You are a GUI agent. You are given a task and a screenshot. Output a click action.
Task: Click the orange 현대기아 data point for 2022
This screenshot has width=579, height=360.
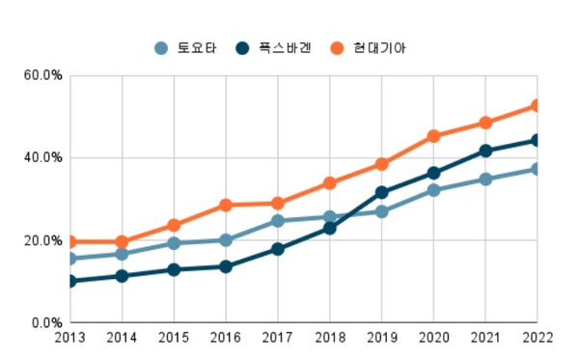coord(537,106)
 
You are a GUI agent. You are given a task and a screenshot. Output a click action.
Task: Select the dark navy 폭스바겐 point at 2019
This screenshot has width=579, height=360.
coord(381,192)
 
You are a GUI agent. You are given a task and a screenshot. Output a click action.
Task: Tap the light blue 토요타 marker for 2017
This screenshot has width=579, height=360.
coord(277,220)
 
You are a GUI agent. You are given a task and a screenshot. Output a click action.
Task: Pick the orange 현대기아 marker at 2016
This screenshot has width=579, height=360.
coord(226,205)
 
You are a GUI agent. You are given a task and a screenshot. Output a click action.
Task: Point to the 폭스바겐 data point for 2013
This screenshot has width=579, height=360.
coord(70,281)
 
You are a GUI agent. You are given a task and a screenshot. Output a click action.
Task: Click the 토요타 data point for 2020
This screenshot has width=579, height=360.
coord(433,190)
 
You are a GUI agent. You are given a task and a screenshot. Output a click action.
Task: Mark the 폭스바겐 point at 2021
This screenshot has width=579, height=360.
coord(485,151)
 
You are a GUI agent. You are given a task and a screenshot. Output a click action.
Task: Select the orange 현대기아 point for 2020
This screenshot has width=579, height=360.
coord(433,136)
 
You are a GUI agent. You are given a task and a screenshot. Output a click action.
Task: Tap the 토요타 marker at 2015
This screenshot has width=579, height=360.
coord(174,243)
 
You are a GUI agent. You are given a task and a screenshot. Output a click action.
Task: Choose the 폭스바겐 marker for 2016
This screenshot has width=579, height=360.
coord(226,266)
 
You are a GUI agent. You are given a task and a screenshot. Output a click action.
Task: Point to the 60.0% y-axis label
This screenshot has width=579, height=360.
coord(43,75)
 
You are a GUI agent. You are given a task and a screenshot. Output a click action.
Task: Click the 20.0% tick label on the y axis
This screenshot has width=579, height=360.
coord(43,240)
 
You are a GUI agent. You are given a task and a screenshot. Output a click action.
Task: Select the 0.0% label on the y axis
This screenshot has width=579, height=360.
coord(46,322)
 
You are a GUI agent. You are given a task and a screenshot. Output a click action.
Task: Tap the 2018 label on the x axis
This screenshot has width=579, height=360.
coord(329,340)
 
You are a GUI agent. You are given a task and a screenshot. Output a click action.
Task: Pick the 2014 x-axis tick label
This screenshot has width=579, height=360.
coord(122,340)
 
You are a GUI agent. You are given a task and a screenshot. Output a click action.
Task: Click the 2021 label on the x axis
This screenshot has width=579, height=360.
coord(485,340)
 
